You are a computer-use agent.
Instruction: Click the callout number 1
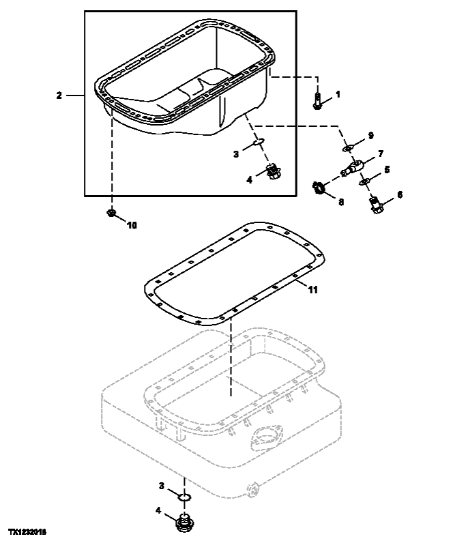click(337, 93)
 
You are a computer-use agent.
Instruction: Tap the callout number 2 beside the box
click(59, 96)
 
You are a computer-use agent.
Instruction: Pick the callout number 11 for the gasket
click(312, 290)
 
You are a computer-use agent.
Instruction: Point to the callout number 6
click(400, 194)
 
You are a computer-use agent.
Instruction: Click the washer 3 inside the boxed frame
click(257, 142)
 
